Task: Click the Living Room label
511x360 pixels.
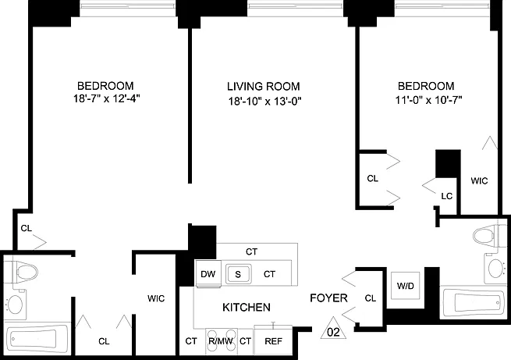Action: (264, 87)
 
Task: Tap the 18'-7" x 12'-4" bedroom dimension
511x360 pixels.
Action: (107, 98)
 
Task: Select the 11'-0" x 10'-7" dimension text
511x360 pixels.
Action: (428, 100)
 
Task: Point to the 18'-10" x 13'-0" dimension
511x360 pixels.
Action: (264, 102)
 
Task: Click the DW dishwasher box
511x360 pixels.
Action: (208, 273)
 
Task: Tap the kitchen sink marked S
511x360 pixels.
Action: (238, 274)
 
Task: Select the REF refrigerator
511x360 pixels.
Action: (273, 340)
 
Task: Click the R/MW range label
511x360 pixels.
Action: (221, 341)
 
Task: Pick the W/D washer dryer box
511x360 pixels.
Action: (406, 286)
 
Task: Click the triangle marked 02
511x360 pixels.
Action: (333, 329)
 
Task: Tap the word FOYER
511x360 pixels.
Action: (328, 298)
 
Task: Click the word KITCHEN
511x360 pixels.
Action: (247, 307)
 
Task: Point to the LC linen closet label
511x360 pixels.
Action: (447, 196)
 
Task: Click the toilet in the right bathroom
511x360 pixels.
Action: (488, 235)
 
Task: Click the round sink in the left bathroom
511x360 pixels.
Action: (15, 305)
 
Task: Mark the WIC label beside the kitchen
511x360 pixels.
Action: (156, 298)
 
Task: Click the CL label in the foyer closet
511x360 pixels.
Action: (371, 298)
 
